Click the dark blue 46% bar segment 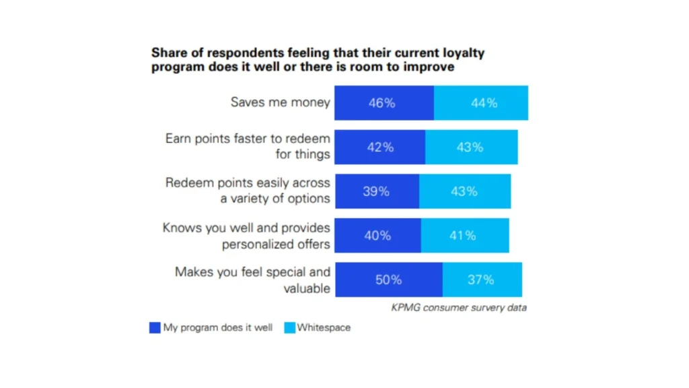[x=384, y=103]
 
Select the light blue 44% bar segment [x=481, y=103]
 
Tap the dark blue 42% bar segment [x=379, y=147]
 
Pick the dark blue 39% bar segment [x=377, y=191]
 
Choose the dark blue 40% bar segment [x=377, y=236]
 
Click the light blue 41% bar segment [x=465, y=236]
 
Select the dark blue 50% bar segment [x=388, y=280]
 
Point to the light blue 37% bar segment [x=482, y=280]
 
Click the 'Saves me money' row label [x=280, y=102]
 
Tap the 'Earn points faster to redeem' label [x=248, y=139]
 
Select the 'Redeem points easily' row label [x=248, y=183]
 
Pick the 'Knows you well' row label [x=246, y=228]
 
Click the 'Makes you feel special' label [x=252, y=272]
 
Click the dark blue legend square [x=155, y=328]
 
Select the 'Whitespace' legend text [x=324, y=328]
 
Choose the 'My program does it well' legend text [x=217, y=328]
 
